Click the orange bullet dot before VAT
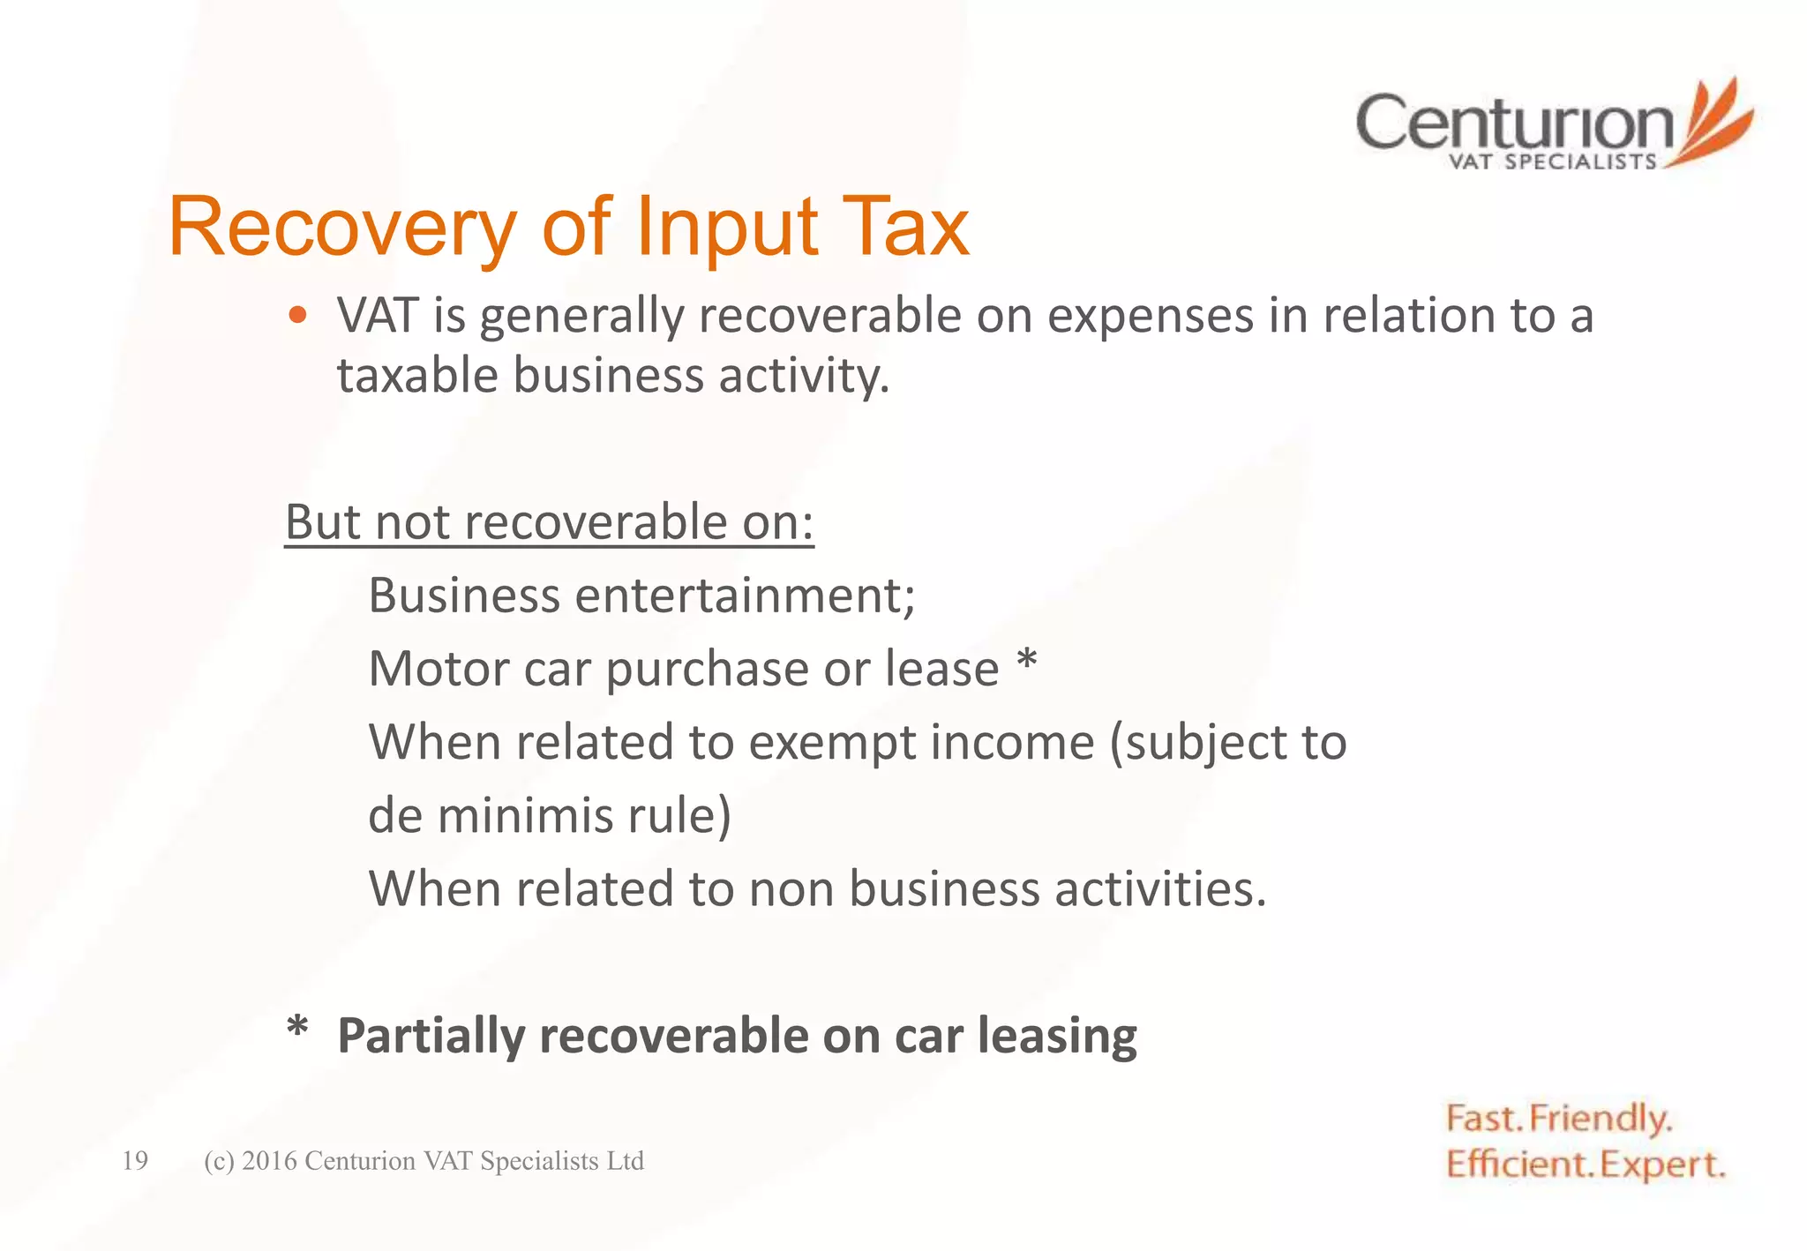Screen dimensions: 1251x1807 (298, 315)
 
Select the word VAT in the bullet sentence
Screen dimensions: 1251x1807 (378, 316)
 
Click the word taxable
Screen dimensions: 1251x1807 (417, 376)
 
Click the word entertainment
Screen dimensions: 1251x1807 (746, 596)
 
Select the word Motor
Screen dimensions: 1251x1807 (437, 669)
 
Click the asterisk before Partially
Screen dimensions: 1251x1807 (297, 1029)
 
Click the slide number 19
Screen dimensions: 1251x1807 (135, 1160)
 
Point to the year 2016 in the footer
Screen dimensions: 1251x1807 (268, 1161)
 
